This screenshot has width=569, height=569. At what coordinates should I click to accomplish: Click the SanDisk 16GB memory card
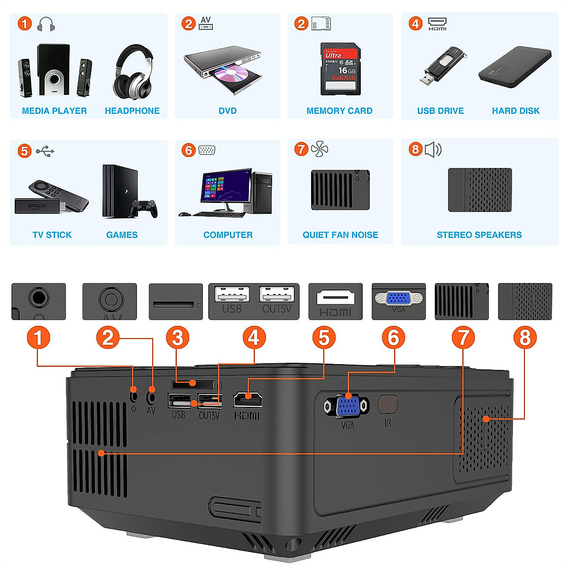tap(340, 70)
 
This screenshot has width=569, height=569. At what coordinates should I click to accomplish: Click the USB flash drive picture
tap(442, 65)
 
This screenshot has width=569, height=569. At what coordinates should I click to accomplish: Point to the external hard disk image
tap(515, 66)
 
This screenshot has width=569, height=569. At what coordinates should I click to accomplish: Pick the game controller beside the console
tap(144, 208)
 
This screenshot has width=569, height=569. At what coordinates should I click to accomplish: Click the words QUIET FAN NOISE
tap(340, 235)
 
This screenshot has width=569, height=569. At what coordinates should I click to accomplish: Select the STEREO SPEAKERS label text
tap(479, 235)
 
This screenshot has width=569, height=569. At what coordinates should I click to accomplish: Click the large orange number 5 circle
tap(324, 338)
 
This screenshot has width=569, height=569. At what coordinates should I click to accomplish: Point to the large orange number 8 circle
tap(525, 338)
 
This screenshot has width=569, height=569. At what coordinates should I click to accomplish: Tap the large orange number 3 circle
tap(177, 338)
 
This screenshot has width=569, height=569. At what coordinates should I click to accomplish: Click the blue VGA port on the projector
tap(347, 406)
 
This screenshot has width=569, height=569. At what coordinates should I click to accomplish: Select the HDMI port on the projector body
tap(248, 399)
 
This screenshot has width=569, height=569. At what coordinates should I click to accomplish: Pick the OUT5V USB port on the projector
tap(209, 401)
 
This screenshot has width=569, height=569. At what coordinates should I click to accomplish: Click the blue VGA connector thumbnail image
tap(398, 298)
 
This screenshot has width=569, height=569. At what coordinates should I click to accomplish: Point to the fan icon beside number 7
tap(320, 149)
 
